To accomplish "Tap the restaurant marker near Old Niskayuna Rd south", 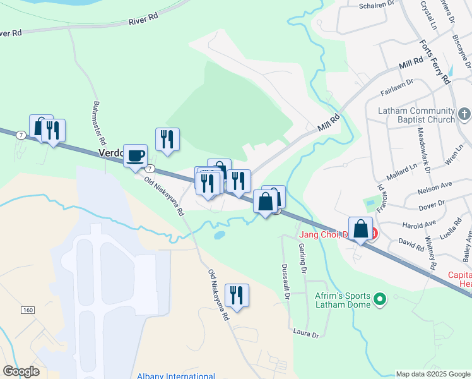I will [237, 295].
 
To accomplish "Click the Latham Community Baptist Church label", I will [416, 115].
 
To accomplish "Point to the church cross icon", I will [464, 114].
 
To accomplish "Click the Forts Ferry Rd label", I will [435, 63].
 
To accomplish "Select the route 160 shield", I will [27, 310].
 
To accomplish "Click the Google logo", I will [21, 371].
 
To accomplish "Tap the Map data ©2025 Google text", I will [434, 374].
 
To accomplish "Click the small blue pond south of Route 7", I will [219, 235].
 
